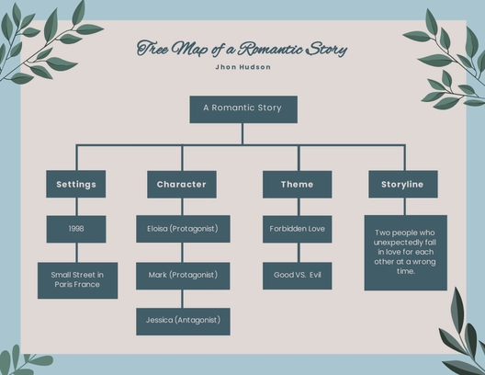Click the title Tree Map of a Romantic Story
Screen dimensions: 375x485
pos(242,48)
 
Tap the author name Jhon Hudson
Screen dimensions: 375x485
pos(242,67)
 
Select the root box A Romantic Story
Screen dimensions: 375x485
pos(242,108)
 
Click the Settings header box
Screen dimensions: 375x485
pos(75,184)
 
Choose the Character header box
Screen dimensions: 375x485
pos(181,184)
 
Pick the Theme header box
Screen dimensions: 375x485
pos(297,184)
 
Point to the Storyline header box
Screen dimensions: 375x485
pos(402,184)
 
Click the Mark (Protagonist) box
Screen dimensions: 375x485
pos(182,275)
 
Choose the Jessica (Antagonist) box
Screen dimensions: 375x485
pos(182,321)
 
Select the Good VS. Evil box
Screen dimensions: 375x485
pos(297,275)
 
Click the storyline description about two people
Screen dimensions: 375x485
pos(405,252)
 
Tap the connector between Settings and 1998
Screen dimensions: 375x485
pos(75,207)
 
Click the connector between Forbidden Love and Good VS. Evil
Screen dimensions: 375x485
pos(297,252)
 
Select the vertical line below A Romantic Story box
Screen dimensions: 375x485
pos(242,133)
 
